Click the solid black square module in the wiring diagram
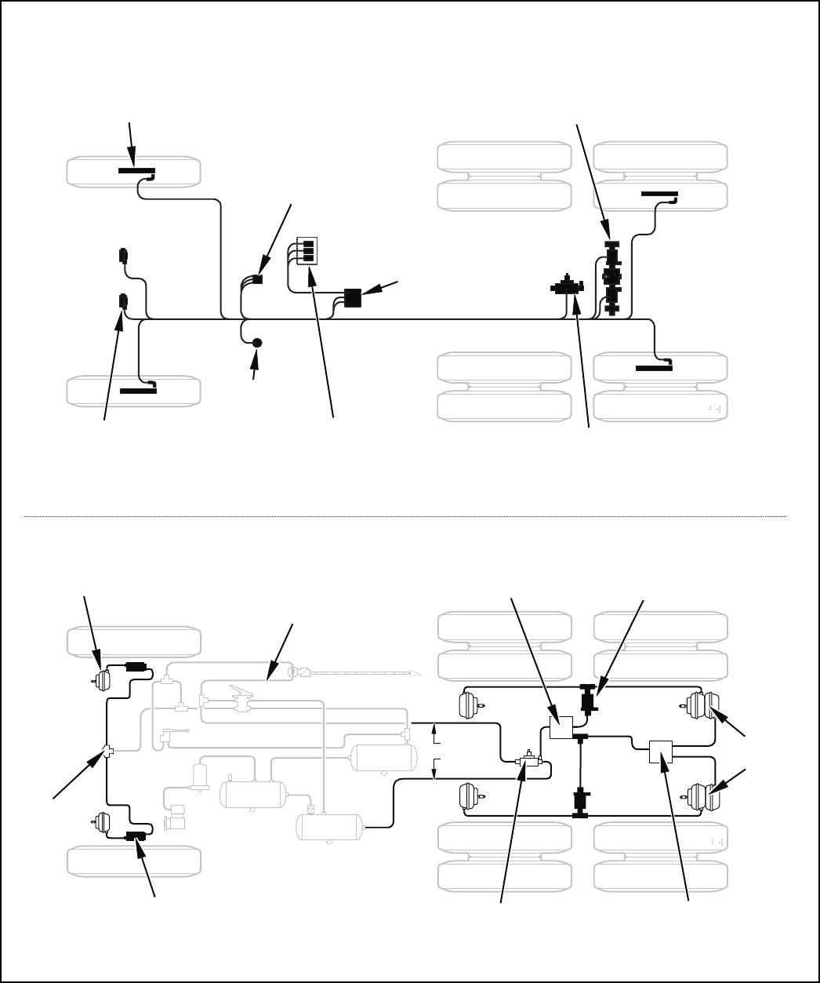pyautogui.click(x=352, y=298)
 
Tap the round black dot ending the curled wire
pyautogui.click(x=256, y=343)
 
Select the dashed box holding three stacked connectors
pyautogui.click(x=307, y=250)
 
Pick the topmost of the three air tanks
pyautogui.click(x=383, y=758)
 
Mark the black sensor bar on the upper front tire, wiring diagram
pyautogui.click(x=136, y=169)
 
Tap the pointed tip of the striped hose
pyautogui.click(x=417, y=673)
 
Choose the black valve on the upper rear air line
pyautogui.click(x=587, y=697)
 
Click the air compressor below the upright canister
pyautogui.click(x=177, y=816)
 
